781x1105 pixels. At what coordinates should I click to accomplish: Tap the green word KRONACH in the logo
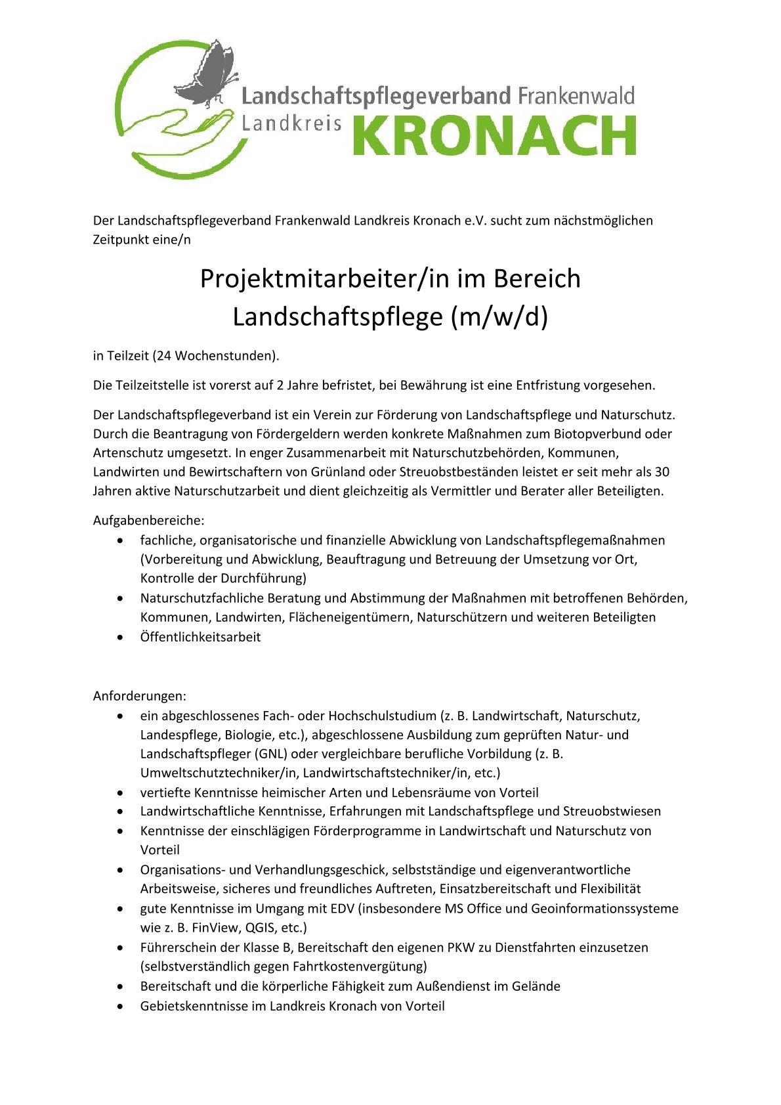[494, 136]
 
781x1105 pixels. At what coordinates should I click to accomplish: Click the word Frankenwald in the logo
[576, 97]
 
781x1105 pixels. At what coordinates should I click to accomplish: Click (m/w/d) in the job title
[499, 317]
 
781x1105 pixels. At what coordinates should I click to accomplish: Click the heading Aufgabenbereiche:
[148, 521]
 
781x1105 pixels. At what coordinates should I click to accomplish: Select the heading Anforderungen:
[139, 696]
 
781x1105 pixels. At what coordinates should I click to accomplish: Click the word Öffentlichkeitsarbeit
[200, 637]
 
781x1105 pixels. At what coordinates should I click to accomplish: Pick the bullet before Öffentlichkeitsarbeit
[119, 637]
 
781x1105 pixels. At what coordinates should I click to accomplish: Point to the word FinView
[214, 928]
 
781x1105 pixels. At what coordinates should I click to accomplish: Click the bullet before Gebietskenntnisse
[119, 1006]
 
